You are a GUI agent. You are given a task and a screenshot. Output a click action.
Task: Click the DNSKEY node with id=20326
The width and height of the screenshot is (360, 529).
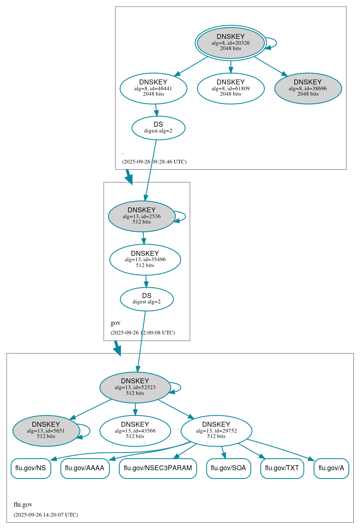[x=230, y=43]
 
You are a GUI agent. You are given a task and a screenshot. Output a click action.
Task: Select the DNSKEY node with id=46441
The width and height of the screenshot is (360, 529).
[x=153, y=88]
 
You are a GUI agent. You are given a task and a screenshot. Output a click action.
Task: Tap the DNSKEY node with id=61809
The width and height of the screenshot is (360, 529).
[x=230, y=88]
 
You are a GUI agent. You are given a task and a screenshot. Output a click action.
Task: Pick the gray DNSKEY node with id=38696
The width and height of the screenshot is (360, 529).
[x=308, y=88]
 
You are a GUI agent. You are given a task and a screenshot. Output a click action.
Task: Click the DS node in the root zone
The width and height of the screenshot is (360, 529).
[x=158, y=127]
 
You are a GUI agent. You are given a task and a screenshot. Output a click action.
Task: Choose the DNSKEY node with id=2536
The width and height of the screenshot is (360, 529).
[x=142, y=216]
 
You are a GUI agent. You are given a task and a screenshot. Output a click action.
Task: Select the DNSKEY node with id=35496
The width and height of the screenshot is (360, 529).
[x=145, y=260]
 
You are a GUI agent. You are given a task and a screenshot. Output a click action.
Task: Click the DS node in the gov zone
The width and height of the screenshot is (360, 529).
[x=147, y=299]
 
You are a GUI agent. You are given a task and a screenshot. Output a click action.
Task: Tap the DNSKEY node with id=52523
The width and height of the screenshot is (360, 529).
[x=135, y=387]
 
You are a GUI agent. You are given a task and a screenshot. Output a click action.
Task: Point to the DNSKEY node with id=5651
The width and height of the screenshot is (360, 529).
[x=46, y=431]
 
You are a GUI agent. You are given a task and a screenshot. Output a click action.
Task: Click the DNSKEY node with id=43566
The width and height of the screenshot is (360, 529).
[x=135, y=431]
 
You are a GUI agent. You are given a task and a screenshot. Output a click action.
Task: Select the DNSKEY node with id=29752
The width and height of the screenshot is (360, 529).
[x=216, y=431]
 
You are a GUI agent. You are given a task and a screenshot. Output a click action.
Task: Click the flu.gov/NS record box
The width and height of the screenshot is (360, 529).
[x=31, y=468]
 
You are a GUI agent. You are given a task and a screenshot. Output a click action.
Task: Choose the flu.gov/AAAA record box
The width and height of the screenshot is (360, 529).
[x=85, y=468]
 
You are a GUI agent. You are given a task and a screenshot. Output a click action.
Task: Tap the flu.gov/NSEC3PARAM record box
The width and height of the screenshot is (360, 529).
[x=158, y=468]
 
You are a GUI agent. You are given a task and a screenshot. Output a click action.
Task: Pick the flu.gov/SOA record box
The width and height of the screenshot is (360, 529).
[x=228, y=468]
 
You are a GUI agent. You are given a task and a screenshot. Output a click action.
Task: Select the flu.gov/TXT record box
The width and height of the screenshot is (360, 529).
[x=282, y=468]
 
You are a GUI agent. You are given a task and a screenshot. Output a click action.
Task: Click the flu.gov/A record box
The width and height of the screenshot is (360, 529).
[x=331, y=468]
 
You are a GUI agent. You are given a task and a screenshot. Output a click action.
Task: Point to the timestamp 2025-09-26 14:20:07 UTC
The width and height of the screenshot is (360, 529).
[x=46, y=515]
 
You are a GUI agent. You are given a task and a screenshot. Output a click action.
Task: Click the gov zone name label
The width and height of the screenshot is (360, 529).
[x=116, y=323]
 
